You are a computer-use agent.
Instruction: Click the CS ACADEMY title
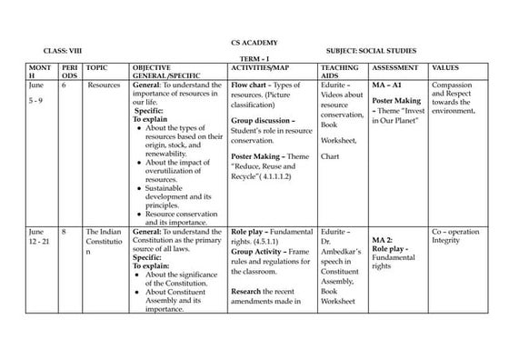(254, 42)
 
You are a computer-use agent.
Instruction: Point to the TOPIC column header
(95, 68)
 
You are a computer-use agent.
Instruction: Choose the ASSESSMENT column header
(396, 68)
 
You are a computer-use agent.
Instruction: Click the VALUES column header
(445, 68)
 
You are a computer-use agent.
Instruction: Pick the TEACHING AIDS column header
(338, 72)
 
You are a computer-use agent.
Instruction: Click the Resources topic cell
(104, 85)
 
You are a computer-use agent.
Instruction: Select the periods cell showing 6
(64, 85)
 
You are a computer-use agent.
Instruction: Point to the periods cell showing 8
(64, 232)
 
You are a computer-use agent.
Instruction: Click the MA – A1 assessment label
(385, 85)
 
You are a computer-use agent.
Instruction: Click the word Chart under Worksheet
(330, 157)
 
